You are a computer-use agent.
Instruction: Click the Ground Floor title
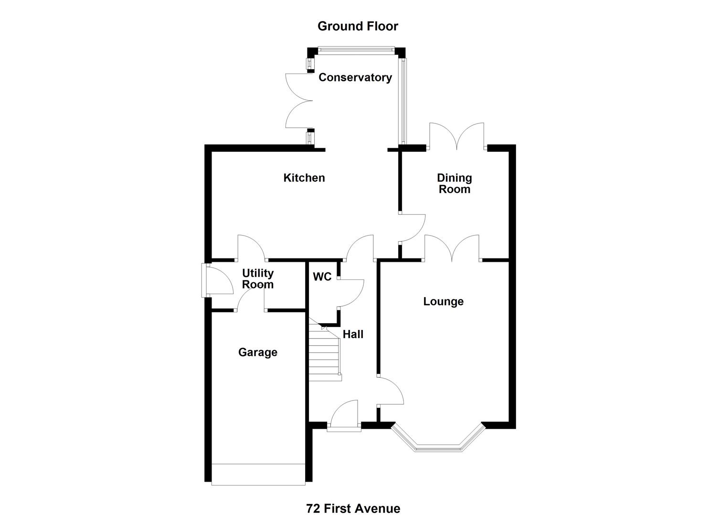(358, 26)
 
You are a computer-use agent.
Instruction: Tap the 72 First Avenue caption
(353, 508)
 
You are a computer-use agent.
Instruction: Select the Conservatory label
(355, 77)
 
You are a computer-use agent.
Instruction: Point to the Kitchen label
(304, 178)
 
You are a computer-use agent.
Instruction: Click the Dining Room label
(455, 184)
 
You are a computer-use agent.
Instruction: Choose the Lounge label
(443, 301)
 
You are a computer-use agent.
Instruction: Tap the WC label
(322, 277)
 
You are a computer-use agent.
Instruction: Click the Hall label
(353, 334)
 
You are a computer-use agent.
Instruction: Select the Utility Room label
(258, 279)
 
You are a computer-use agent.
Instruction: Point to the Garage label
(257, 352)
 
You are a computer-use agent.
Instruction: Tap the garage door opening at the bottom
(258, 474)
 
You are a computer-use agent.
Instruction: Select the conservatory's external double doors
(298, 101)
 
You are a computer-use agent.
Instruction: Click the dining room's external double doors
(457, 136)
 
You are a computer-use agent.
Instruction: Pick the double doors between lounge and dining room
(452, 248)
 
